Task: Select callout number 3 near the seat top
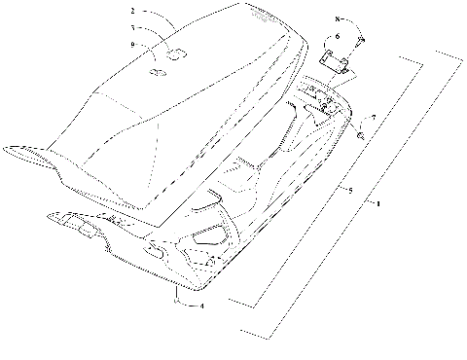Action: tap(132, 28)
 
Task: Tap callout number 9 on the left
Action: tap(132, 45)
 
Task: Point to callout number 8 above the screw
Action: tap(339, 20)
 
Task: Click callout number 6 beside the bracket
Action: tap(338, 36)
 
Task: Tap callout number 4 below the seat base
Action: tap(200, 307)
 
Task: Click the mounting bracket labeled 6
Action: tap(336, 61)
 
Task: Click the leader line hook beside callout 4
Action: tap(181, 303)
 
